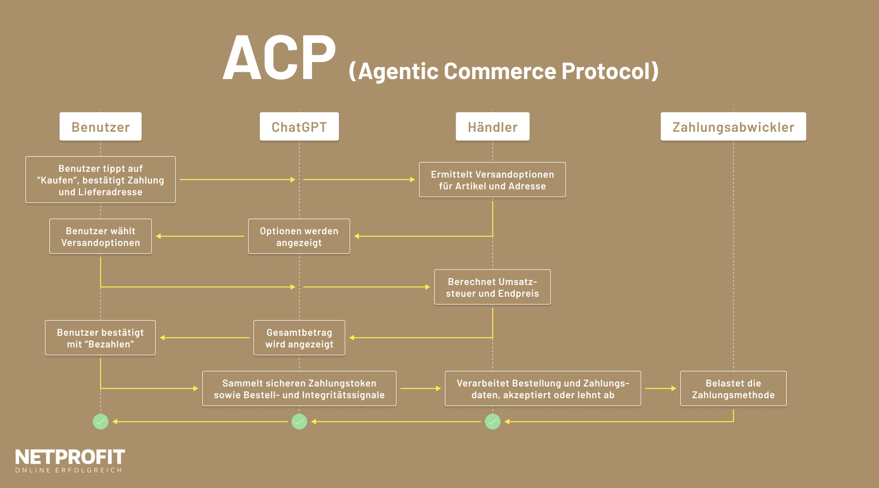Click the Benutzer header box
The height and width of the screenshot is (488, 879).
tap(101, 127)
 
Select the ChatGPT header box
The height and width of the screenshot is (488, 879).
tap(299, 127)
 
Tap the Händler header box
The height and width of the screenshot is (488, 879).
tap(492, 127)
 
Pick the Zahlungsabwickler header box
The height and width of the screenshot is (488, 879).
tap(733, 127)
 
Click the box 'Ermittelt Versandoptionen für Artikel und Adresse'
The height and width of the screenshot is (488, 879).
tap(492, 180)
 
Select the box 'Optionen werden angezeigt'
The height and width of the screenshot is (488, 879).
tap(299, 237)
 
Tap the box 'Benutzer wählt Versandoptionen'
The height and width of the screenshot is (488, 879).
tap(101, 237)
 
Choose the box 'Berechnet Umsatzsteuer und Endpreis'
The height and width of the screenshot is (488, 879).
tap(492, 287)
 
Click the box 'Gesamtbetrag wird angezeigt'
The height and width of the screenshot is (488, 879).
tap(299, 338)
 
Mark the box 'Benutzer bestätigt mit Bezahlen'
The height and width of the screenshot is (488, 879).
tap(101, 338)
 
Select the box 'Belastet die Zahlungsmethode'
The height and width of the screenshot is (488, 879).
tap(733, 389)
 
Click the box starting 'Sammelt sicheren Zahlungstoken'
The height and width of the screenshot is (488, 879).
tap(299, 389)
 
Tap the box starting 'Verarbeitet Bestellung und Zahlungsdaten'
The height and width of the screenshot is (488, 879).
tap(543, 389)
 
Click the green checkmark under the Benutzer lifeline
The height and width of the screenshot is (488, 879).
tap(101, 422)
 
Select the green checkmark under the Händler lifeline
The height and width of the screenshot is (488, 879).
tap(492, 422)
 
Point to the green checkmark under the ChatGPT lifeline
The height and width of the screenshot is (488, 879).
tap(299, 422)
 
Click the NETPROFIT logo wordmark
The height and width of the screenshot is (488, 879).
tap(70, 457)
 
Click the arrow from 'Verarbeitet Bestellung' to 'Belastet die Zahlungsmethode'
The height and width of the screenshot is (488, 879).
tap(660, 388)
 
